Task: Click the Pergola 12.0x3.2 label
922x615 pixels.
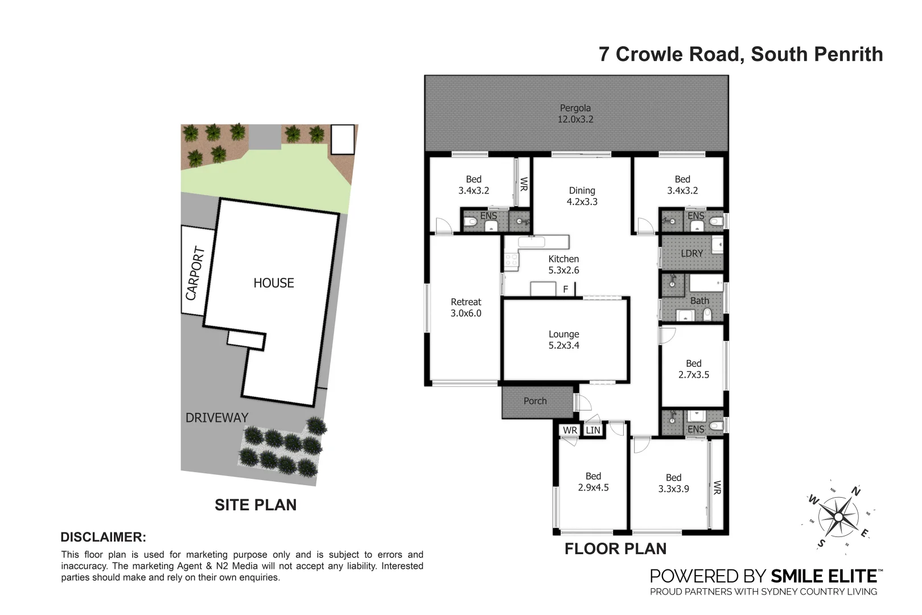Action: pos(575,113)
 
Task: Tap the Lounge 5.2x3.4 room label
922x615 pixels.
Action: pos(563,340)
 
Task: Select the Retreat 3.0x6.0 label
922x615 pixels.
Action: pos(466,307)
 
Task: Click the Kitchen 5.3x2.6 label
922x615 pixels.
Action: pos(563,265)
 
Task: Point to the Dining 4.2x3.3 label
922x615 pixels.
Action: pos(582,196)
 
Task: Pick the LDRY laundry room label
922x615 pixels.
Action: pos(691,253)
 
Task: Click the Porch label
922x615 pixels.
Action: pos(534,401)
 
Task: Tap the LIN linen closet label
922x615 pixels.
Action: pos(592,430)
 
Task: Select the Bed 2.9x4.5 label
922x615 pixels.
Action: pos(593,482)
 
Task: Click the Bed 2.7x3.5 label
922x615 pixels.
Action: pos(693,369)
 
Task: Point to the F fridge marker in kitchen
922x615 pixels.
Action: pos(565,289)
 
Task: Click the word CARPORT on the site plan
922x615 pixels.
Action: pos(195,273)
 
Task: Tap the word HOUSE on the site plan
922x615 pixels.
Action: pos(274,283)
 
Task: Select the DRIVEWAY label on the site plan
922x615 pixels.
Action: pos(217,417)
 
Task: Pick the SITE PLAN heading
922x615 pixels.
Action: pos(256,505)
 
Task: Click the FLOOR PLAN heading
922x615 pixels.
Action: pos(615,549)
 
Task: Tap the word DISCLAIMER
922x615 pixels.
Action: pos(103,537)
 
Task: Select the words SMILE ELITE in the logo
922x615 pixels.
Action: pos(823,576)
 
